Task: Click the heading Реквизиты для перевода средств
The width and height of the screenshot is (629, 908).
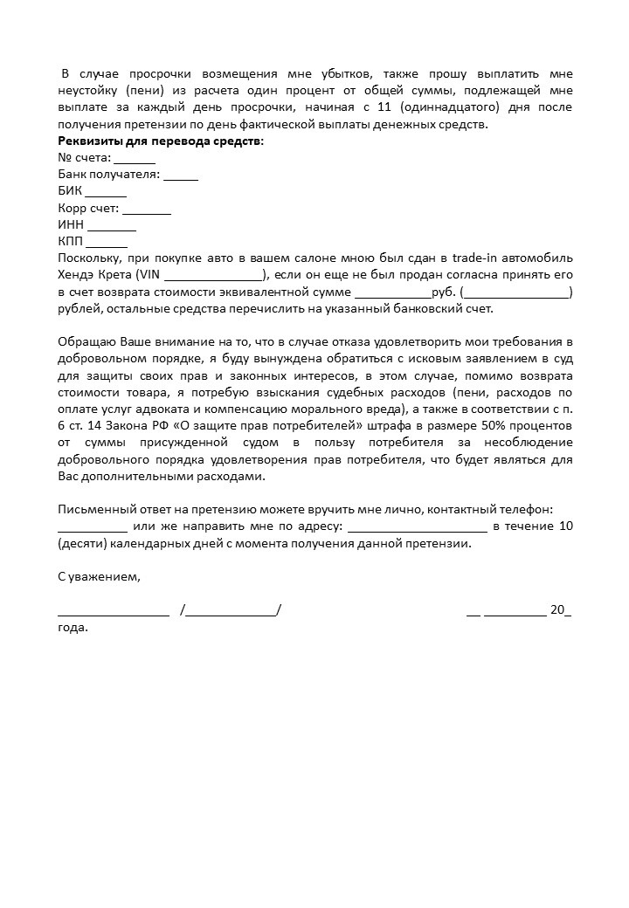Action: (x=160, y=141)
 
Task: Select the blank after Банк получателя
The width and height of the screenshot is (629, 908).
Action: (x=181, y=177)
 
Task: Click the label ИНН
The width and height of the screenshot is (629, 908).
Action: (x=71, y=225)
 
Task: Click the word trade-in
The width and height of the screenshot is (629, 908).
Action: (x=483, y=258)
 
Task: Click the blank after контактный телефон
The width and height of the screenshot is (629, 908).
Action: (x=93, y=528)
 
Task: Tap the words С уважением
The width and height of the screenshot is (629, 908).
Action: (x=99, y=577)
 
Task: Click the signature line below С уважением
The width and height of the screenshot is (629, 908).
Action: (x=114, y=612)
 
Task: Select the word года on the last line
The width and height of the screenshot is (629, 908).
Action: (x=73, y=628)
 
